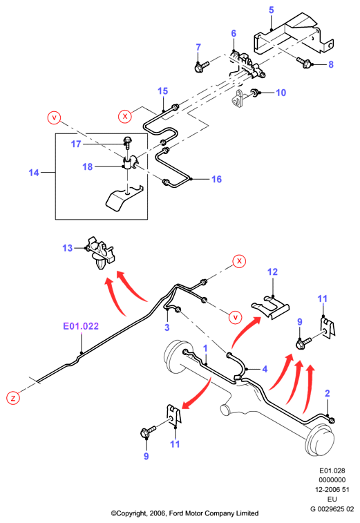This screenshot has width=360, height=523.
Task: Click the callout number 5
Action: pyautogui.click(x=272, y=10)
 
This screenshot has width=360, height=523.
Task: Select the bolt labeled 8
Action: pyautogui.click(x=303, y=62)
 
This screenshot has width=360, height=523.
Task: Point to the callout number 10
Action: pyautogui.click(x=281, y=93)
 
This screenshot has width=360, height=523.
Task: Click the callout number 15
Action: pyautogui.click(x=163, y=91)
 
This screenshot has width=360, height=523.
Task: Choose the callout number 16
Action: pyautogui.click(x=216, y=179)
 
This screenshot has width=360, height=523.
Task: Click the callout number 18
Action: pyautogui.click(x=88, y=167)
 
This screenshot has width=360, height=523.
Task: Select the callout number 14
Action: pyautogui.click(x=34, y=173)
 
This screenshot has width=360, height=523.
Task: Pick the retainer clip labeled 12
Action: pyautogui.click(x=270, y=307)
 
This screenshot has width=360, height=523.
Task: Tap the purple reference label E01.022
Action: pyautogui.click(x=81, y=326)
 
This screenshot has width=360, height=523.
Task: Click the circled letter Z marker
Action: pyautogui.click(x=13, y=398)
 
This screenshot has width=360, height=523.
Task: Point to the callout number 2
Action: pyautogui.click(x=328, y=393)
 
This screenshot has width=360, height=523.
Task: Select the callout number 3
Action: pyautogui.click(x=167, y=327)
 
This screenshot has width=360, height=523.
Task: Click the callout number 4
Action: pyautogui.click(x=265, y=369)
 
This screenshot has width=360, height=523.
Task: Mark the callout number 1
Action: pyautogui.click(x=205, y=348)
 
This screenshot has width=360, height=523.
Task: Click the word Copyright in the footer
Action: pyautogui.click(x=133, y=513)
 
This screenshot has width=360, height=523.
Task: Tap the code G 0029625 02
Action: pyautogui.click(x=332, y=509)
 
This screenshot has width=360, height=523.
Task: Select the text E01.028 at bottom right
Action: pyautogui.click(x=332, y=470)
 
